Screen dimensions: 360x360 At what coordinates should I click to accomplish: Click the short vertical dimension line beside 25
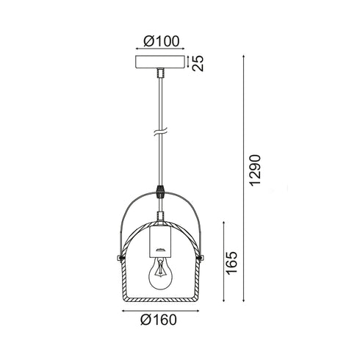(189, 63)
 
